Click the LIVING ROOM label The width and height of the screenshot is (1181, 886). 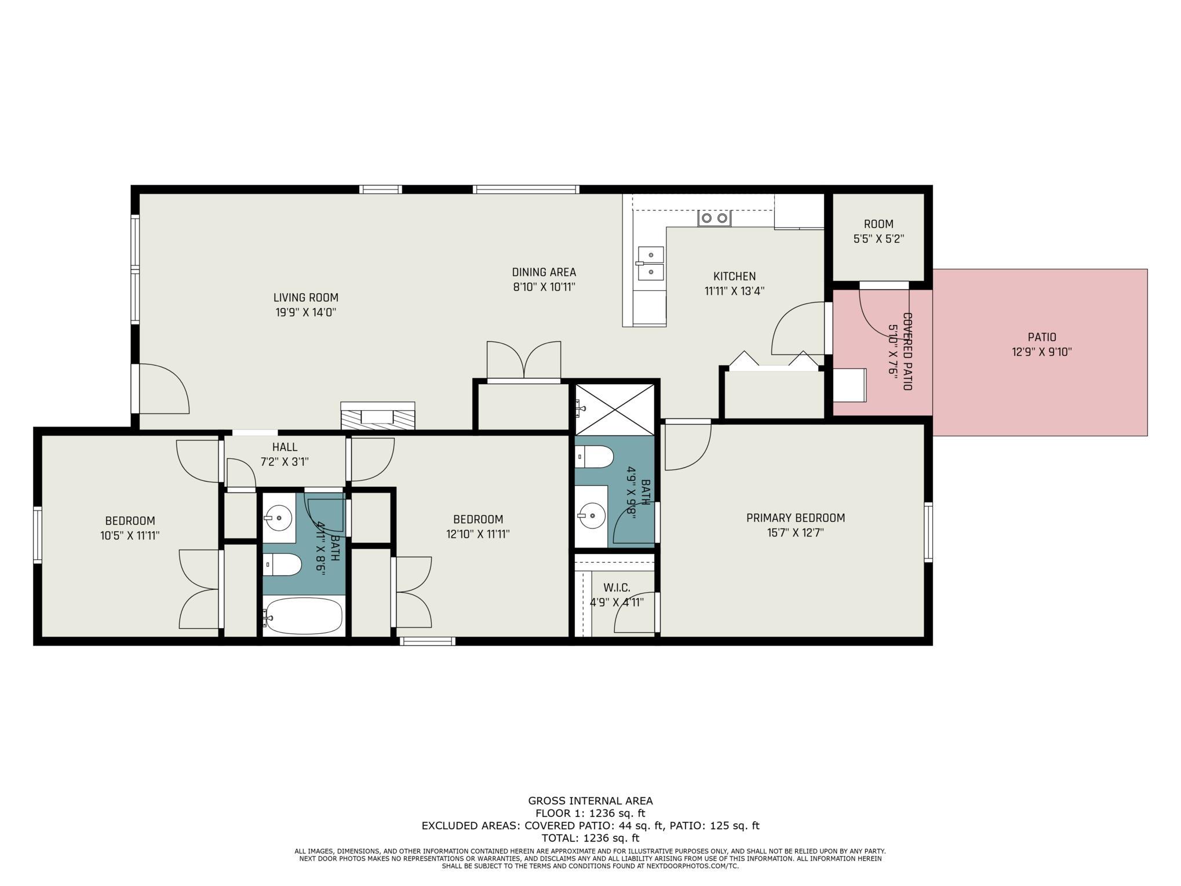(x=305, y=298)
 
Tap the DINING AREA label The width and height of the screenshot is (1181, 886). (x=544, y=272)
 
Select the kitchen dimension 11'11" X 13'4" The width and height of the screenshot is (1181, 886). (x=734, y=291)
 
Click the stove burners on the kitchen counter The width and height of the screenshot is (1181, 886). (x=715, y=218)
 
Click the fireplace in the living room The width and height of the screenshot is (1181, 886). (x=378, y=415)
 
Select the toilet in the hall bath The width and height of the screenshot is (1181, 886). (x=282, y=565)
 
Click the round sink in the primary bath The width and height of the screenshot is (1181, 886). (x=591, y=515)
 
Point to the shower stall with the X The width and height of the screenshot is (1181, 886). (x=615, y=409)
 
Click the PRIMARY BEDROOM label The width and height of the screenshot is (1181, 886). (x=795, y=518)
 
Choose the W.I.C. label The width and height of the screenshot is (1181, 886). (x=617, y=588)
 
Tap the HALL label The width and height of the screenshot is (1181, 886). (x=285, y=447)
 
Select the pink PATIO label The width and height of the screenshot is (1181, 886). (x=1042, y=337)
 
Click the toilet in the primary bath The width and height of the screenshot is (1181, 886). (x=595, y=457)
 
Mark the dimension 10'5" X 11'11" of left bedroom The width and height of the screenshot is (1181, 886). (x=130, y=535)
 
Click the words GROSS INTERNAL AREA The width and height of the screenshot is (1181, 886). (x=590, y=801)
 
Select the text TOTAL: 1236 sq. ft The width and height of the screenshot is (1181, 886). (x=590, y=838)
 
